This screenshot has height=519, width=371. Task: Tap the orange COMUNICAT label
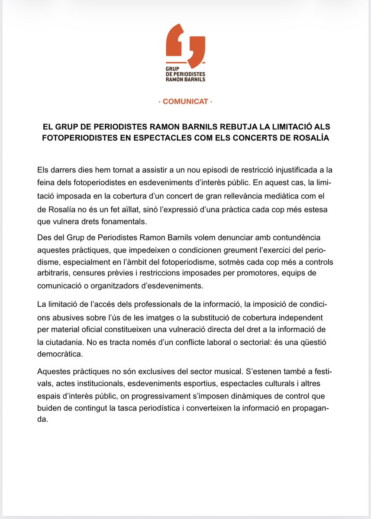coord(185,103)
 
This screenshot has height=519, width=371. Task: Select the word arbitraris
coord(54,274)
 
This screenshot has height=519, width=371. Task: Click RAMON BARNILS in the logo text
coord(186,80)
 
